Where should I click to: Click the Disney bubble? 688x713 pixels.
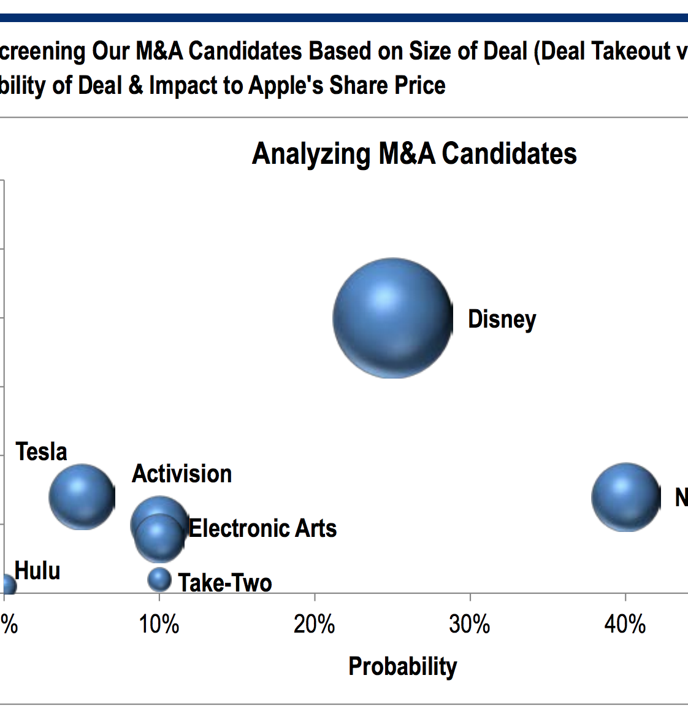pos(392,318)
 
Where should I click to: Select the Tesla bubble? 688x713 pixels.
pos(82,497)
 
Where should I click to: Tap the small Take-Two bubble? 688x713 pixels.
pos(159,579)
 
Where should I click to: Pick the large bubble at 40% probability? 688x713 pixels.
pos(625,497)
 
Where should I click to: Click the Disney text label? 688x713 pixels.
pos(502,320)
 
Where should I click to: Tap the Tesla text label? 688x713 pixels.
pos(41,452)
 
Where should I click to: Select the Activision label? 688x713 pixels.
pos(182,474)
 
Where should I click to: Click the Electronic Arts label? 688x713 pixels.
pos(262,528)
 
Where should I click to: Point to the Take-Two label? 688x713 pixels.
pos(225,583)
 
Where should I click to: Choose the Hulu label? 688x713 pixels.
pos(37,571)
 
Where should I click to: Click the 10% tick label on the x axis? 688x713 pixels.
pos(159,625)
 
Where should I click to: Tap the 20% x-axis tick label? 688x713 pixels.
pos(315,625)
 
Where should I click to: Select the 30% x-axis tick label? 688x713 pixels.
pos(470,625)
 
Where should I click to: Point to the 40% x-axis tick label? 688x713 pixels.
pos(625,625)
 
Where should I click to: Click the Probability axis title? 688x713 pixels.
pos(403,666)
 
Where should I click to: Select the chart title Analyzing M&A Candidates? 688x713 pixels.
pos(415,153)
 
